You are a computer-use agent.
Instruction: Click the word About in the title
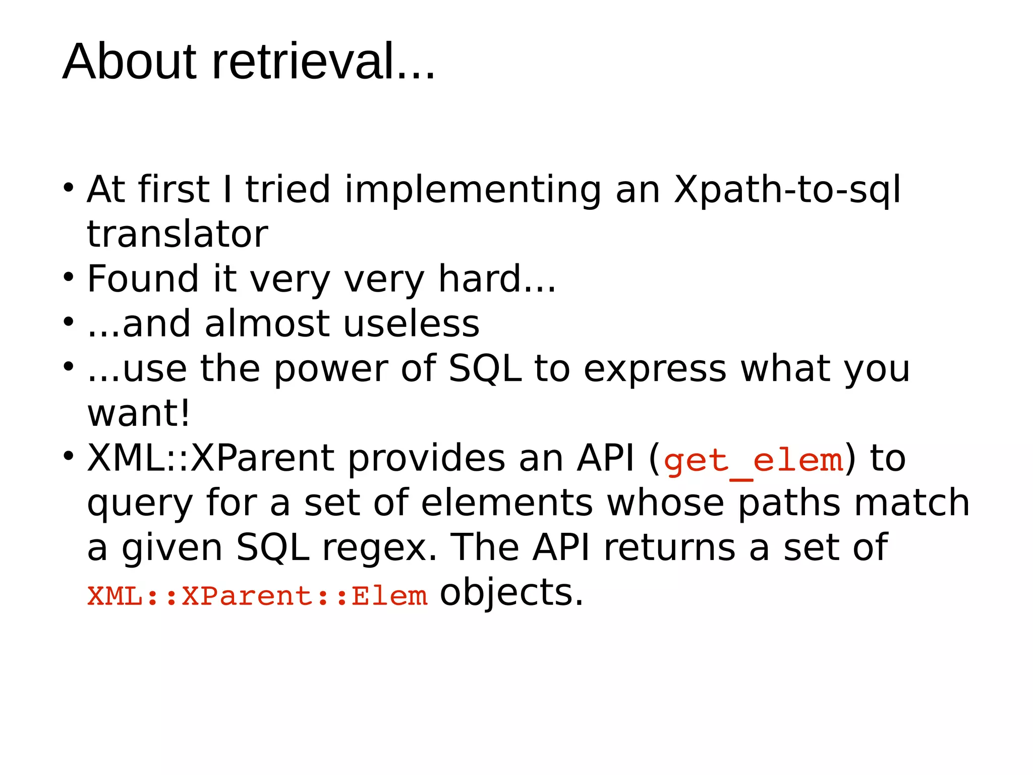(129, 62)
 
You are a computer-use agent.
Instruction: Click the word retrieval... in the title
(323, 62)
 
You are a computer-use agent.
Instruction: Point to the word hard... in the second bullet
(497, 279)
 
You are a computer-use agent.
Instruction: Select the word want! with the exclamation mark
(139, 414)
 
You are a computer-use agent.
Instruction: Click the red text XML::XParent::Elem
(257, 596)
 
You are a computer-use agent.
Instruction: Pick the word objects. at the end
(511, 593)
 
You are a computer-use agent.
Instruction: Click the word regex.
(379, 548)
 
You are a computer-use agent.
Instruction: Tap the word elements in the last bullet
(507, 503)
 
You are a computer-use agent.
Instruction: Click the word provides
(427, 459)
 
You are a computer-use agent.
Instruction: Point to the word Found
(143, 279)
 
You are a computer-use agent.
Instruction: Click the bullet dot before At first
(69, 188)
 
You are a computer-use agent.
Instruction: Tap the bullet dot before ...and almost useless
(69, 321)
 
